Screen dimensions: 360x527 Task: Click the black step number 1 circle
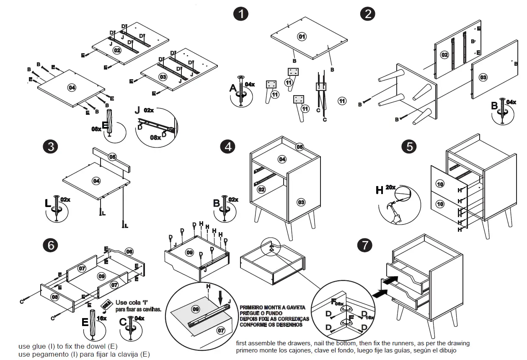(240, 14)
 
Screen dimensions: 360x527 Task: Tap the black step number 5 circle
(409, 146)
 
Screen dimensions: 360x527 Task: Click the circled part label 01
(302, 36)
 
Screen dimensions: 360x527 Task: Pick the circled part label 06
(129, 251)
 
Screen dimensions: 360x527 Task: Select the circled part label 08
(55, 297)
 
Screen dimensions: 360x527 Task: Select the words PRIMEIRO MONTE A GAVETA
(272, 308)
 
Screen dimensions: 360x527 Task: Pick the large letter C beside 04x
(123, 322)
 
